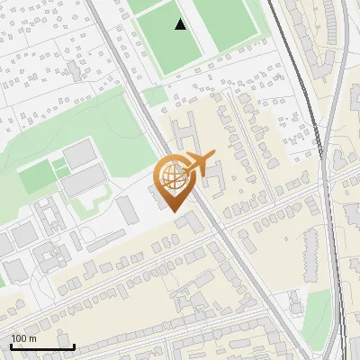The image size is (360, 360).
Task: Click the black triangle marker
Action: pyautogui.click(x=181, y=24)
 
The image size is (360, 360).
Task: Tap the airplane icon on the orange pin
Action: pyautogui.click(x=197, y=164)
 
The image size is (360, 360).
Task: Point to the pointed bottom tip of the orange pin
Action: pyautogui.click(x=174, y=212)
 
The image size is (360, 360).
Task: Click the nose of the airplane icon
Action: pyautogui.click(x=213, y=156)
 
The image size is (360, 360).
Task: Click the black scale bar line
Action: pyautogui.click(x=41, y=346)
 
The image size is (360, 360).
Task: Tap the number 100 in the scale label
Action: pyautogui.click(x=19, y=338)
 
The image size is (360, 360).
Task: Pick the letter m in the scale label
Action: pyautogui.click(x=32, y=338)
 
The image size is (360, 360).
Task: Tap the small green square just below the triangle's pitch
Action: pyautogui.click(x=156, y=94)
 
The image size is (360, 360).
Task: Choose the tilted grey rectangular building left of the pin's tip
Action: pyautogui.click(x=128, y=210)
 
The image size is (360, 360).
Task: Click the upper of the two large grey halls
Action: pyautogui.click(x=79, y=155)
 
